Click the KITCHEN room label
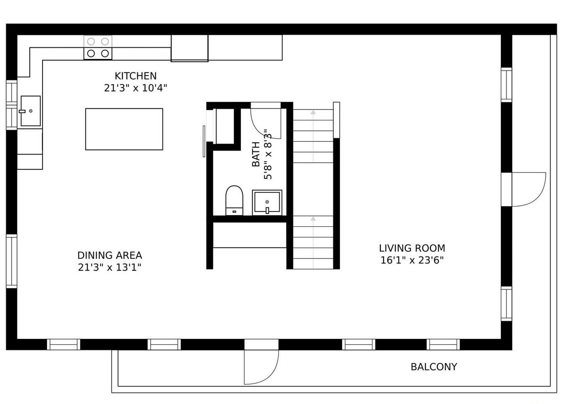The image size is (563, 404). pos(135,76)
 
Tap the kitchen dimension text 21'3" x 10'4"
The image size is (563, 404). pos(135,88)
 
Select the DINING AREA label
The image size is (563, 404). pos(110,255)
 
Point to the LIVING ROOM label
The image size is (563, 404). pos(412,248)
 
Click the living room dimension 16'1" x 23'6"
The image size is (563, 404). pos(412,260)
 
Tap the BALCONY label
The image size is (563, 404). pos(434,367)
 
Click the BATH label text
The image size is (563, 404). pos(256,154)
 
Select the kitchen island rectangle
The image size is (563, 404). pos(124,129)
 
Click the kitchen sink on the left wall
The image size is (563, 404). pos(30,111)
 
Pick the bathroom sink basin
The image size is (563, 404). pos(267,202)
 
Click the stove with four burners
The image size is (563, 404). pos(98,48)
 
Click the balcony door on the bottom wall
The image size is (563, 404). pos(261,366)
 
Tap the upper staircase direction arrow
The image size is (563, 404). pos(313,112)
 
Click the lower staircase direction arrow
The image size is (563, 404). pos(313,219)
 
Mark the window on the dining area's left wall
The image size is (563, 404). pos(12,261)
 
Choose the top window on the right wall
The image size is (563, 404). pos(506,85)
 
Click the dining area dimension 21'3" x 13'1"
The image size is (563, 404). pos(110,267)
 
